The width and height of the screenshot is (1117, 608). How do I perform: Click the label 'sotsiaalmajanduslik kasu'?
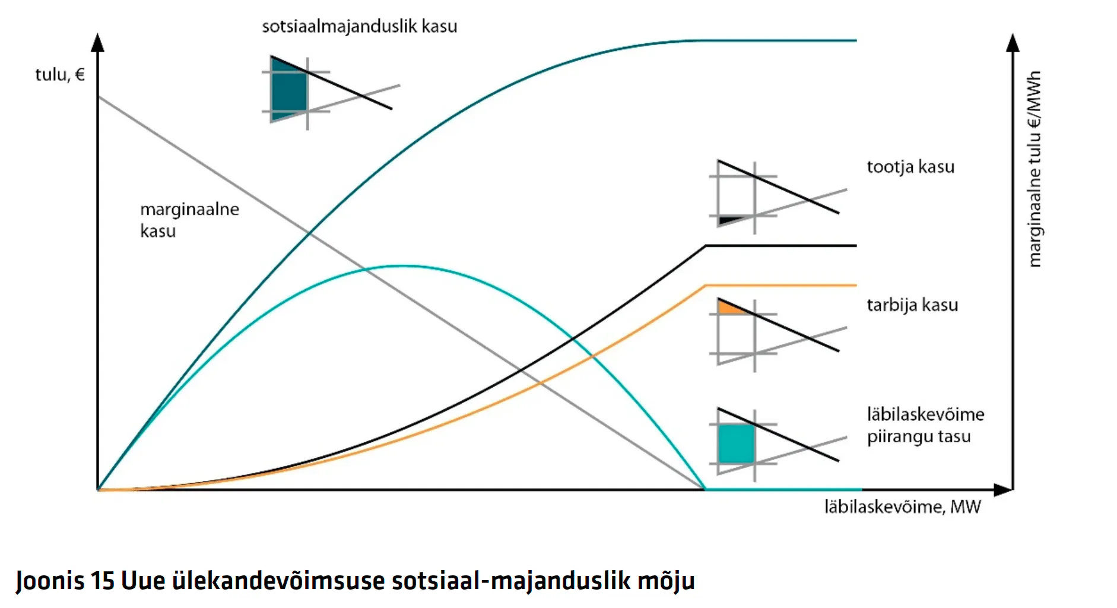360,27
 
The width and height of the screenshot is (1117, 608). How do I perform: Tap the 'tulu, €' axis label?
60,75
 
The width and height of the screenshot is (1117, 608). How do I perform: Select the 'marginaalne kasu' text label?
189,220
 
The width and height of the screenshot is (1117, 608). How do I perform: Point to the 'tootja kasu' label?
910,167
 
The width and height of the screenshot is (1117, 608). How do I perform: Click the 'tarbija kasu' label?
912,305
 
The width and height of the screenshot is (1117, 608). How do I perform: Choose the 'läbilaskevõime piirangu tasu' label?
925,425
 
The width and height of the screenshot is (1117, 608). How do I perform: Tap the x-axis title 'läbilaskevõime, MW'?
902,507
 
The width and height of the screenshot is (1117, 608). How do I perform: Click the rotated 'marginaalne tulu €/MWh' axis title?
1035,169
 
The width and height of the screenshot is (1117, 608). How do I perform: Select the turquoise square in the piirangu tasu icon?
736,443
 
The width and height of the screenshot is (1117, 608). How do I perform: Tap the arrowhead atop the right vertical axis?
1013,42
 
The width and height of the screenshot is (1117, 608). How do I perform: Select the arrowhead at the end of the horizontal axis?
1003,490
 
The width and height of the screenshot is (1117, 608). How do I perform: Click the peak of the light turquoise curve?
402,266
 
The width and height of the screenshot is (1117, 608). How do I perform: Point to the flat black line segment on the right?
781,245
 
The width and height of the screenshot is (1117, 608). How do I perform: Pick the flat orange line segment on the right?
781,286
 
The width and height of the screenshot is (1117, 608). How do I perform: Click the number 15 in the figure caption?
102,580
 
